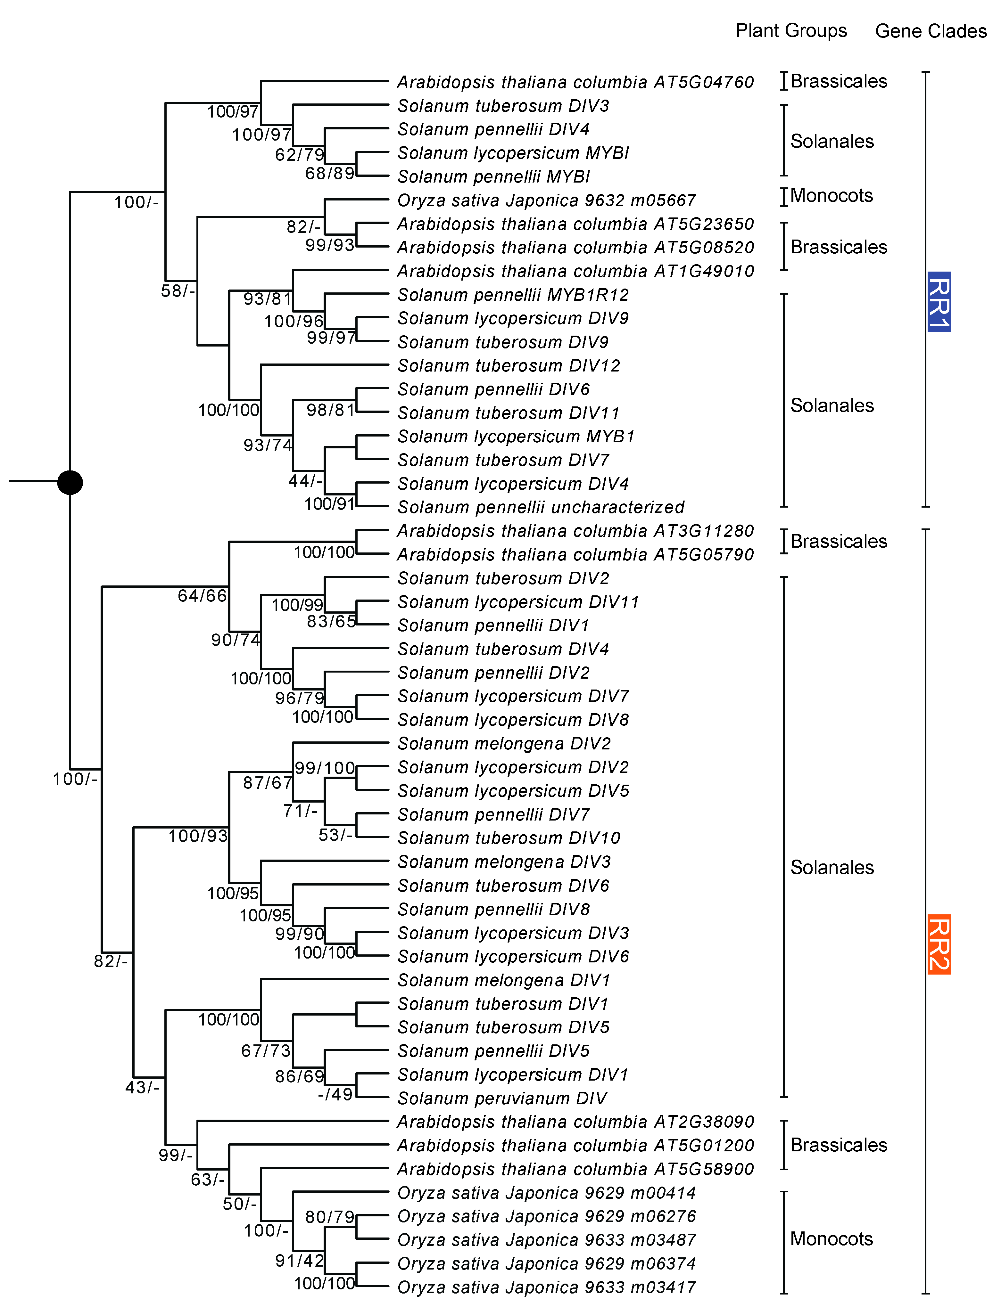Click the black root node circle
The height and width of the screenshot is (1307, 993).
(70, 482)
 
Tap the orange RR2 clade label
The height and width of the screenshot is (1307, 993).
(939, 943)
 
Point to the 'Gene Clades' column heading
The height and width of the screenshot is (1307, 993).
(930, 31)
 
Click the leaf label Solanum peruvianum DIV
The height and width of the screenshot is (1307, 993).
(502, 1098)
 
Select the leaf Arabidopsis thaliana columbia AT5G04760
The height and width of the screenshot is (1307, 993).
(575, 82)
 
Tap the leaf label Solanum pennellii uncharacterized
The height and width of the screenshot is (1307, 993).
(540, 507)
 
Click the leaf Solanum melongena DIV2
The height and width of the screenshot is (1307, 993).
(504, 743)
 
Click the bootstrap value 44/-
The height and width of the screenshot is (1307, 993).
(305, 481)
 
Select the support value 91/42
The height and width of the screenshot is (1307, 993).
(300, 1260)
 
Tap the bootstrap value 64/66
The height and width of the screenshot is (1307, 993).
(202, 596)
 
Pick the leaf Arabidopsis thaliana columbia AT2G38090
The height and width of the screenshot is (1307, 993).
(575, 1122)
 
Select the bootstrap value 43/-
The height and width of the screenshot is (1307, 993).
(142, 1087)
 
